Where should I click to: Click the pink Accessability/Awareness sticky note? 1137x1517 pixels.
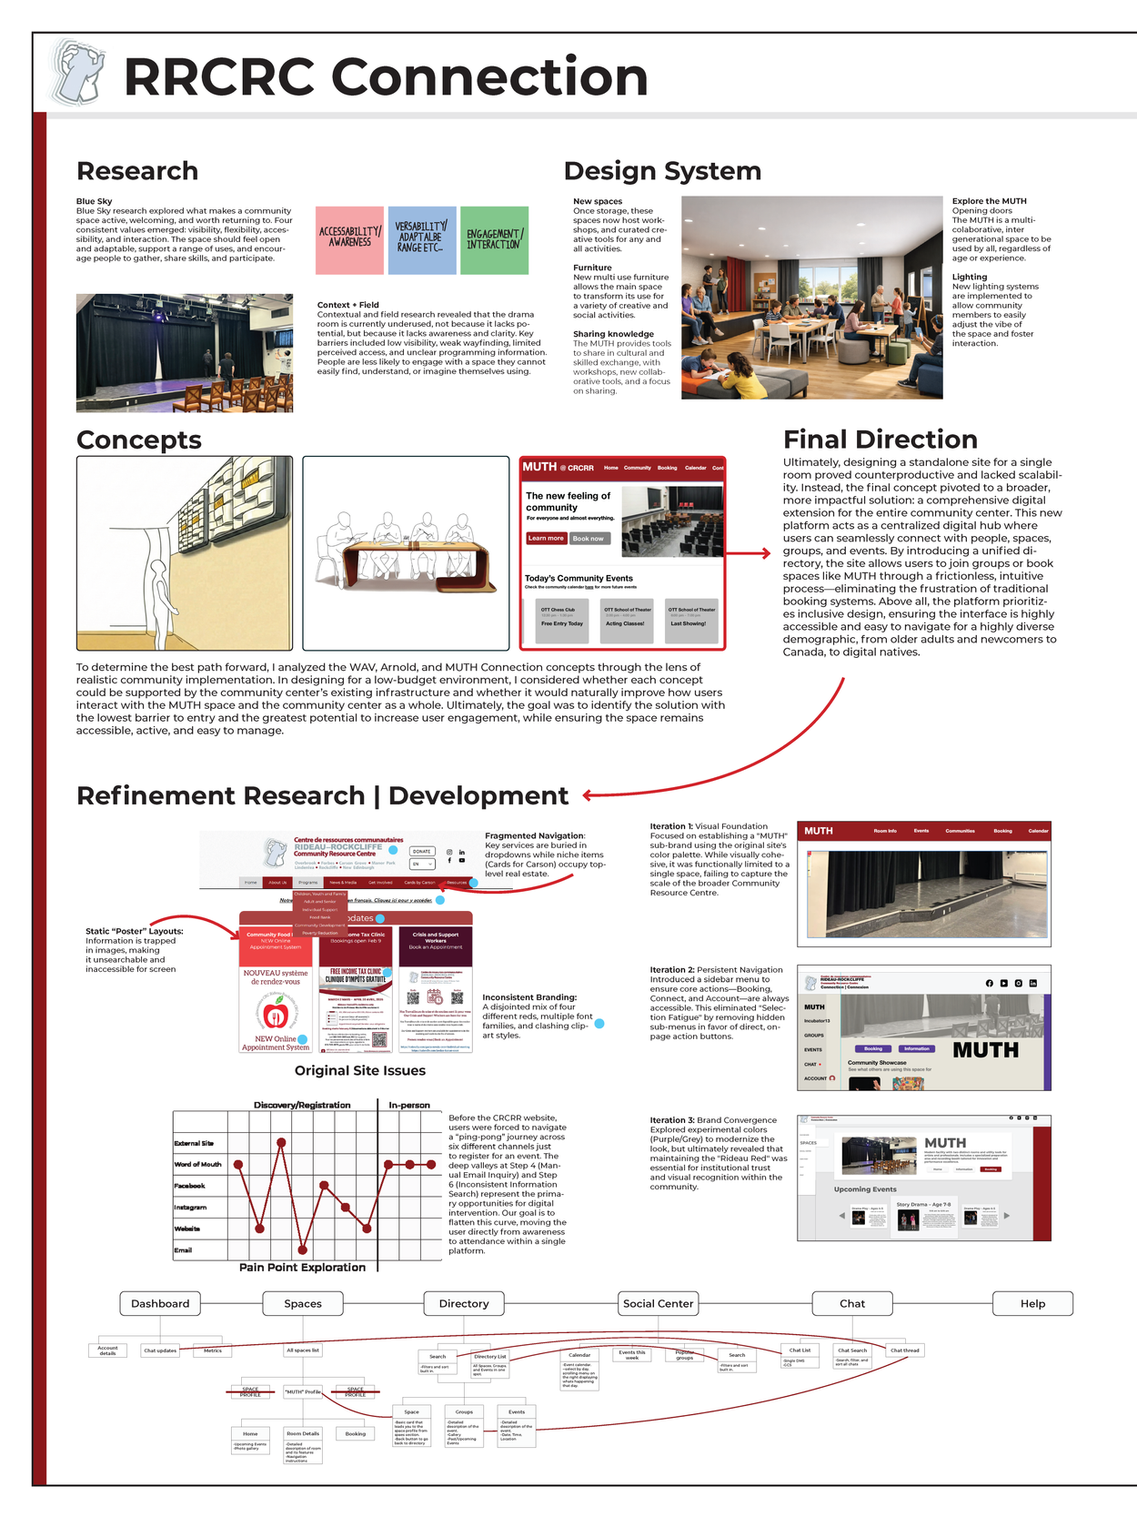[x=349, y=239]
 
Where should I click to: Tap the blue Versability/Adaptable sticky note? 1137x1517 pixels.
[x=421, y=239]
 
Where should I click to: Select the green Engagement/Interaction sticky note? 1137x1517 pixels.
[x=494, y=239]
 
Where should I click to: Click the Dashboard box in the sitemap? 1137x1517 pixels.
[x=160, y=1303]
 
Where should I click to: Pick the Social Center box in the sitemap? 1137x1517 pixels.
[x=658, y=1303]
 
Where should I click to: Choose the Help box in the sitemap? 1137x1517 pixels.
[x=1032, y=1303]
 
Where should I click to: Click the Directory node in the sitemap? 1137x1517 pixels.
[x=464, y=1303]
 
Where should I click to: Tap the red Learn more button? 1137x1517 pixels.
[x=545, y=538]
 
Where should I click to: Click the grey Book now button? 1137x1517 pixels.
[x=589, y=538]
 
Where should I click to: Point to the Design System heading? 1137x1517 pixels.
[x=662, y=171]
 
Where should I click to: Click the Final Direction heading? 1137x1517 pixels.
[x=880, y=440]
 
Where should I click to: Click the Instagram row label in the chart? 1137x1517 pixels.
[x=190, y=1207]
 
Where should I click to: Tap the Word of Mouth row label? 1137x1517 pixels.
[x=197, y=1164]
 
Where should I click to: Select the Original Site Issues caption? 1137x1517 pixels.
[x=359, y=1070]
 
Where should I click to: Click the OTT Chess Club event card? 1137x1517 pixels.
[x=562, y=620]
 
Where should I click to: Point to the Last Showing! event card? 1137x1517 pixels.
[x=691, y=620]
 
